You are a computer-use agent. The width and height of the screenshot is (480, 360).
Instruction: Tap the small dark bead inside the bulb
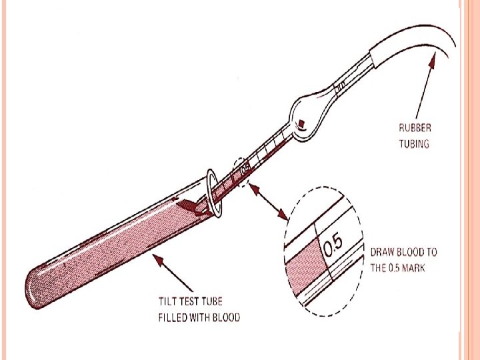302,123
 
